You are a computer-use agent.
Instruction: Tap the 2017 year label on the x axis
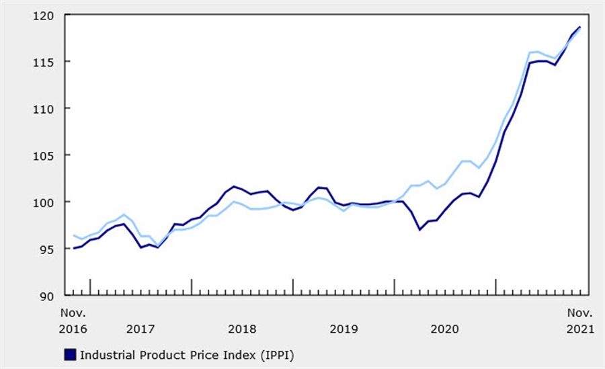click(140, 329)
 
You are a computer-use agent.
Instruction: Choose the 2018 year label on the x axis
click(241, 329)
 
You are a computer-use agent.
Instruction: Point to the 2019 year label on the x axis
click(343, 329)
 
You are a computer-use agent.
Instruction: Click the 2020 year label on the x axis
click(444, 329)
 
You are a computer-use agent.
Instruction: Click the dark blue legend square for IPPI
click(70, 354)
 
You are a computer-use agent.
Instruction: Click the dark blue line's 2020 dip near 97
click(419, 229)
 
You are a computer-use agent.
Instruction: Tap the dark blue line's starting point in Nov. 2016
click(73, 248)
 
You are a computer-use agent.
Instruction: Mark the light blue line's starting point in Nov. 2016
click(73, 235)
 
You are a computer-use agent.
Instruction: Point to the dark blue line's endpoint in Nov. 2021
click(580, 28)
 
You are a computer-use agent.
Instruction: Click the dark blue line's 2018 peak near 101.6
click(234, 186)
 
